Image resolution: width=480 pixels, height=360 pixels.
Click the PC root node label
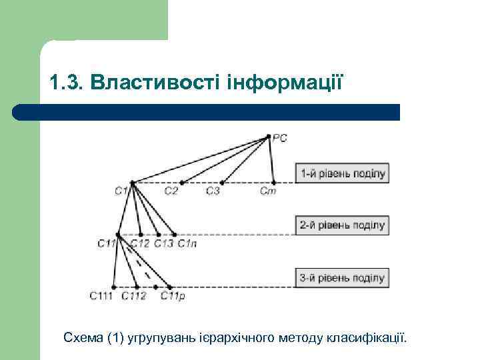pyautogui.click(x=281, y=138)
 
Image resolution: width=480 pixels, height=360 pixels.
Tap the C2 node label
pyautogui.click(x=171, y=191)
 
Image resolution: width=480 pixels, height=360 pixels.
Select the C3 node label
pyautogui.click(x=213, y=191)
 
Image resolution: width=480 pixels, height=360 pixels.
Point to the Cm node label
pyautogui.click(x=268, y=191)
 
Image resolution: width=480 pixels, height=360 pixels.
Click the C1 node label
pyautogui.click(x=121, y=191)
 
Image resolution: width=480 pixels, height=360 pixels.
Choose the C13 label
pyautogui.click(x=163, y=244)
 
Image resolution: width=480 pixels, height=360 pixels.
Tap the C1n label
pyautogui.click(x=186, y=244)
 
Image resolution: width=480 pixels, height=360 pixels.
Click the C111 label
pyautogui.click(x=101, y=296)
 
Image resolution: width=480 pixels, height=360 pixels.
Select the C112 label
pyautogui.click(x=133, y=296)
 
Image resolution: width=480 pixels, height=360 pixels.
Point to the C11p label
pyautogui.click(x=172, y=296)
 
